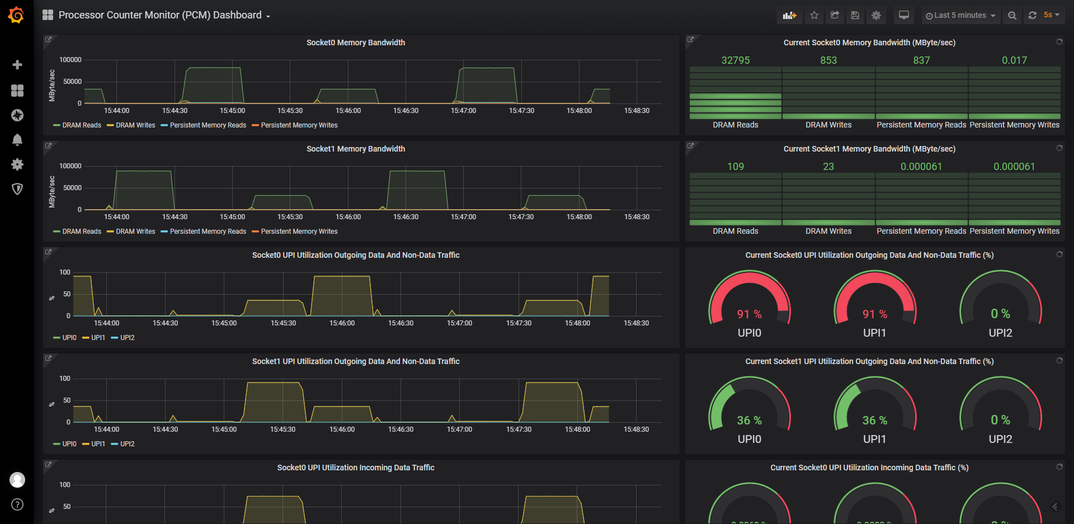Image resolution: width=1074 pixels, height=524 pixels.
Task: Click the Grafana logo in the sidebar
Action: [x=16, y=15]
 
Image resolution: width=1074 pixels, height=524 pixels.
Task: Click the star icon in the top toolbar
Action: [x=814, y=16]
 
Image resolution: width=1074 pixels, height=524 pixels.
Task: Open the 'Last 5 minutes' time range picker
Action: [x=960, y=16]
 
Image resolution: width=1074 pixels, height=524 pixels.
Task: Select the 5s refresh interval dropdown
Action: [x=1051, y=15]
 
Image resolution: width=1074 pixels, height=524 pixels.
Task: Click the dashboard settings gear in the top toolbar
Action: [x=876, y=16]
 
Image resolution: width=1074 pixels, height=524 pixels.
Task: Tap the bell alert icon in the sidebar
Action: [x=17, y=140]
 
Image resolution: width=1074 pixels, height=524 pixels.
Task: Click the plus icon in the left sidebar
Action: [x=17, y=65]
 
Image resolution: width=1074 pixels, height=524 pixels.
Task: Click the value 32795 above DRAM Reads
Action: [x=735, y=60]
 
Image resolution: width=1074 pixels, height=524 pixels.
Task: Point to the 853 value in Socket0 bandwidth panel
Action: [x=828, y=60]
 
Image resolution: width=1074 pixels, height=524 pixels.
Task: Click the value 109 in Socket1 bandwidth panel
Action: [x=735, y=167]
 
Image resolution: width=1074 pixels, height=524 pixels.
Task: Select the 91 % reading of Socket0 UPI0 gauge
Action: [x=749, y=314]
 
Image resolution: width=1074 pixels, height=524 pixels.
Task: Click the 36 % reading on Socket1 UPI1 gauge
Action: [x=874, y=421]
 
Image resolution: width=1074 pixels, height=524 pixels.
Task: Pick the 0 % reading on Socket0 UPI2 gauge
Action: [x=1000, y=314]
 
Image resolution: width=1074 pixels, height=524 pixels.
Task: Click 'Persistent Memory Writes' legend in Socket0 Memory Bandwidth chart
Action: [x=299, y=125]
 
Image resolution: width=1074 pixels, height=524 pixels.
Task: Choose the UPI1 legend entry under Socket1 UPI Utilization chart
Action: [x=98, y=444]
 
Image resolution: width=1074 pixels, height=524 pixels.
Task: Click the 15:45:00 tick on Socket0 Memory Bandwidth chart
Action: [x=232, y=111]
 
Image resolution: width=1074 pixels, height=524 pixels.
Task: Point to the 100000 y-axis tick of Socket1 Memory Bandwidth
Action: [x=70, y=166]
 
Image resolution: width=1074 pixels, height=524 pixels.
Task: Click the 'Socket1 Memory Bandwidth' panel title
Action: [x=355, y=149]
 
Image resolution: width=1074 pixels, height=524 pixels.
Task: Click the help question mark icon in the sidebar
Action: [x=17, y=504]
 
